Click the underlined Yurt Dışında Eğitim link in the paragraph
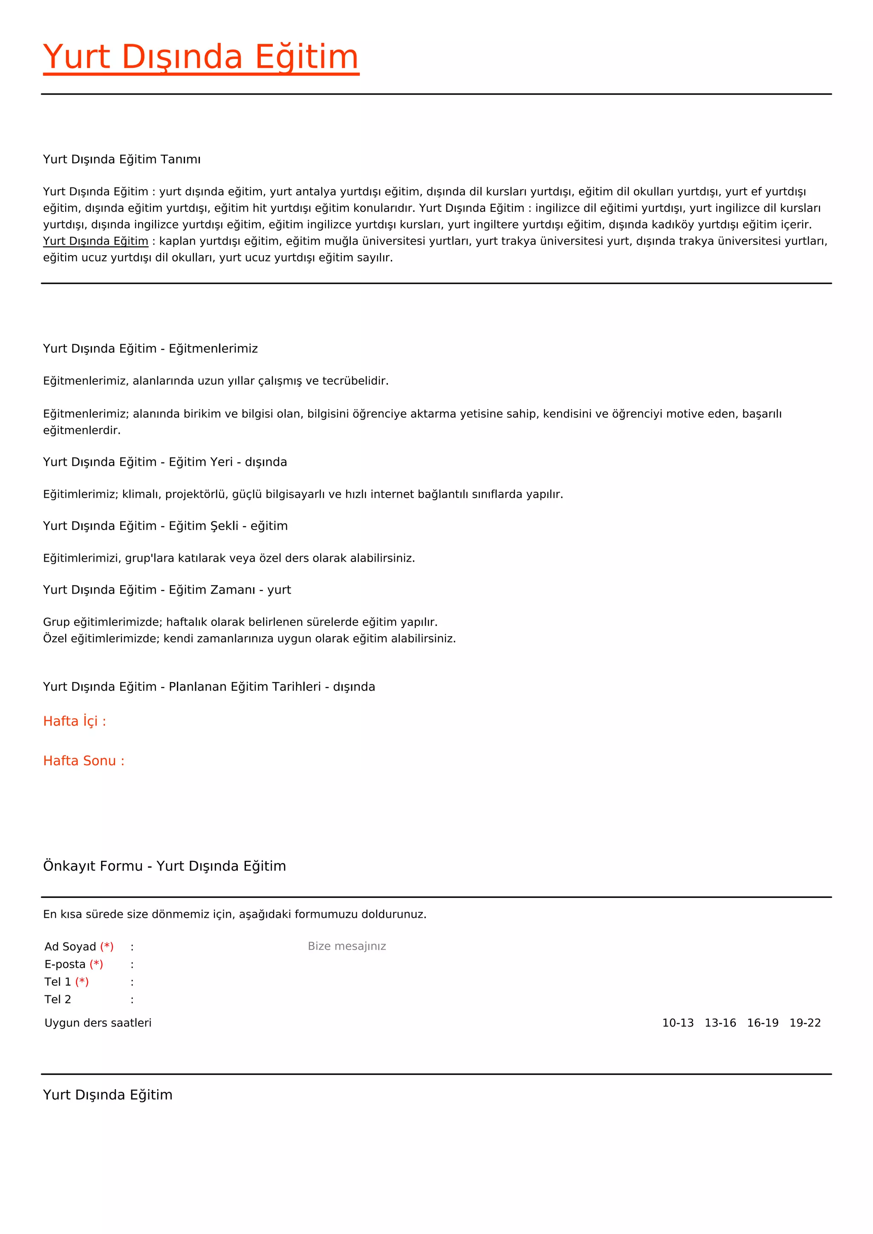(x=95, y=241)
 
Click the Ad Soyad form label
(x=70, y=946)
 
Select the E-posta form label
(x=65, y=964)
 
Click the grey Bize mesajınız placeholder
(x=347, y=946)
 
